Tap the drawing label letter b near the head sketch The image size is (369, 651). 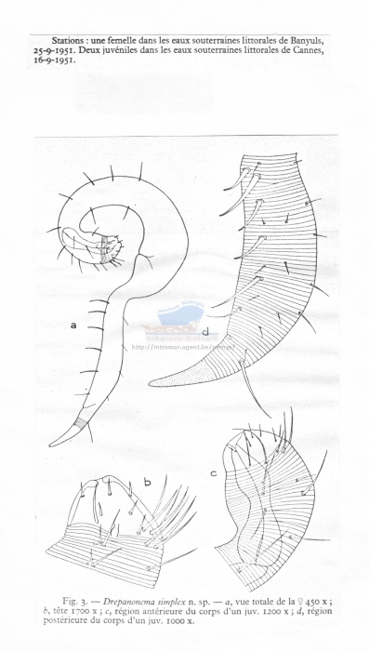tap(147, 482)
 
